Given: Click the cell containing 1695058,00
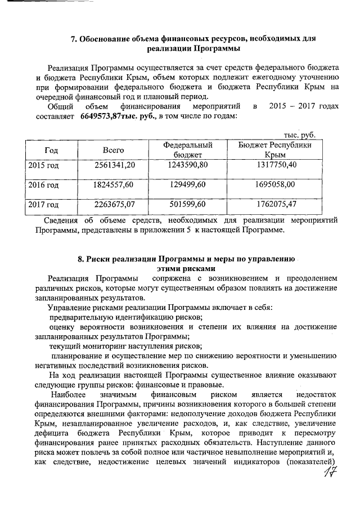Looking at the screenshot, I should click(x=276, y=184).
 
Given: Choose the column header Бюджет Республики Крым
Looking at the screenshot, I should click(x=275, y=150).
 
